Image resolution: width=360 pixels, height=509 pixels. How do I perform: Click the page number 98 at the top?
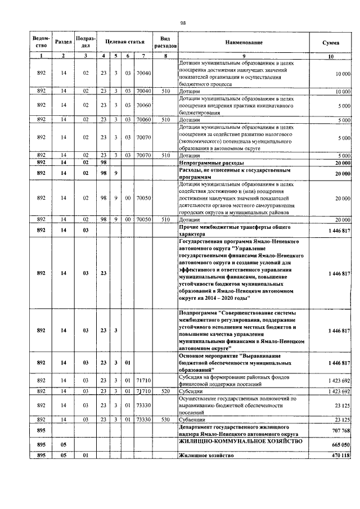pyautogui.click(x=183, y=22)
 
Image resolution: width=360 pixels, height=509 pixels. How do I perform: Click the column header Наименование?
pyautogui.click(x=244, y=42)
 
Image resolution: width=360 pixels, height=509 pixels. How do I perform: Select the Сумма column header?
pyautogui.click(x=330, y=42)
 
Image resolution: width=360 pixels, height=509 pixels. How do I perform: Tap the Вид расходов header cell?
pyautogui.click(x=165, y=42)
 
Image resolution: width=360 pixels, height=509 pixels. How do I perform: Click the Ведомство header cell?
pyautogui.click(x=42, y=42)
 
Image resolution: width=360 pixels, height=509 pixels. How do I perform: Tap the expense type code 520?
pyautogui.click(x=165, y=390)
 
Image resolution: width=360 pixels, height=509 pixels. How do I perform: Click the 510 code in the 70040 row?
pyautogui.click(x=165, y=90)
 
